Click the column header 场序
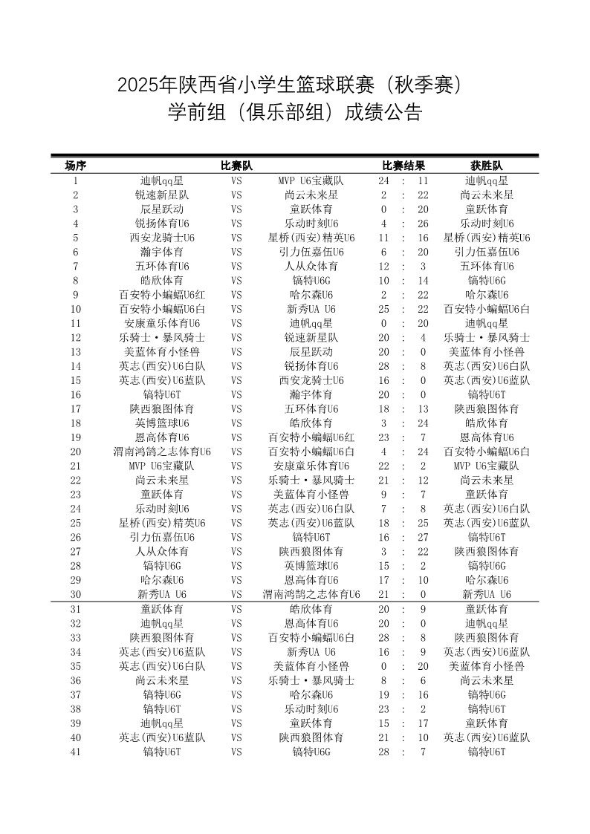(76, 166)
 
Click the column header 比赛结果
(403, 166)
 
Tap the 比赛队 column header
(236, 166)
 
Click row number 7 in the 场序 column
(76, 266)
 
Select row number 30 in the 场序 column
(76, 594)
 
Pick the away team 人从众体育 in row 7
(311, 266)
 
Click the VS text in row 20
(236, 452)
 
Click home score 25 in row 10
(383, 309)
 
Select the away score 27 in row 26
(423, 537)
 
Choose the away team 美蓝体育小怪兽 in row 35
(311, 666)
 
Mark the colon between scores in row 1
(403, 180)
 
